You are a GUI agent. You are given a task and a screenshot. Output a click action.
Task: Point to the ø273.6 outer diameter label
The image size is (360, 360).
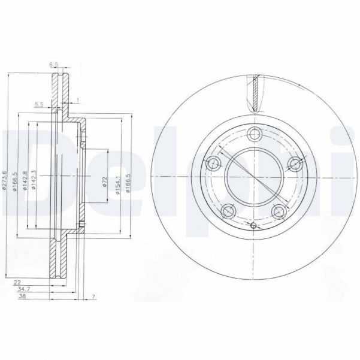pyautogui.click(x=5, y=180)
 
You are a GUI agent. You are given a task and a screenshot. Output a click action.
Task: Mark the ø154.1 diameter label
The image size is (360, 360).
pyautogui.click(x=119, y=182)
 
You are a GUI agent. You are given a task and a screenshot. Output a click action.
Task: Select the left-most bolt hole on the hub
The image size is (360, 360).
pyautogui.click(x=213, y=162)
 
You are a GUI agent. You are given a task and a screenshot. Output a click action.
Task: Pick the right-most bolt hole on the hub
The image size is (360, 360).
pyautogui.click(x=295, y=162)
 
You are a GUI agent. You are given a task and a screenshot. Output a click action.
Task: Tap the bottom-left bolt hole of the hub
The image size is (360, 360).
pyautogui.click(x=228, y=211)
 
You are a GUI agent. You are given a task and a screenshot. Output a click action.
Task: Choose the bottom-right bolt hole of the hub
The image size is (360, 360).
pyautogui.click(x=279, y=211)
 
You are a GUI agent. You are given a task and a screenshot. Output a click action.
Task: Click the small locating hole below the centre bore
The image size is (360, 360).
pyautogui.click(x=253, y=226)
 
